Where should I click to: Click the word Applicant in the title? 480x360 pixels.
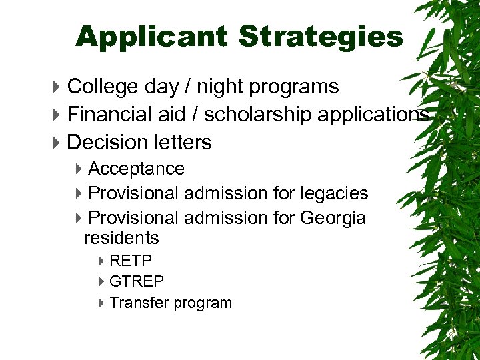pyautogui.click(x=153, y=37)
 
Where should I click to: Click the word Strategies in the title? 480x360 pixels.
pyautogui.click(x=321, y=37)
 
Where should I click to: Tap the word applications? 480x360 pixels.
pyautogui.click(x=373, y=115)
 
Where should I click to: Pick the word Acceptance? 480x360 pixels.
pyautogui.click(x=136, y=169)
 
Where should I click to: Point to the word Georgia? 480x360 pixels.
pyautogui.click(x=333, y=218)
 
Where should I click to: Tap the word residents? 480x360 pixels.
pyautogui.click(x=121, y=238)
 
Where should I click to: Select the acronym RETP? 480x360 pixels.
pyautogui.click(x=131, y=261)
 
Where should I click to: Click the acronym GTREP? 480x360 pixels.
pyautogui.click(x=136, y=281)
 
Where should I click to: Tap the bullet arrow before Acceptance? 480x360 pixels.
pyautogui.click(x=79, y=169)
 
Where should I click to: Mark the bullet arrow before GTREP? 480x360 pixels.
pyautogui.click(x=101, y=282)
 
